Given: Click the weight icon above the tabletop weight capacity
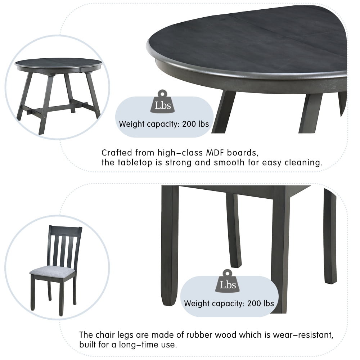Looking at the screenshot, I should pos(163,102).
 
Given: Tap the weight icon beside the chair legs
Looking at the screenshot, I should pos(228,281).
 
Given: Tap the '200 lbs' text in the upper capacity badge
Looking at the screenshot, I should pos(195,124).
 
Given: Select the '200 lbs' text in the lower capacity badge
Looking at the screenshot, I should pos(260,303).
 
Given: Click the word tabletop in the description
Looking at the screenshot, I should pos(132,162).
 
